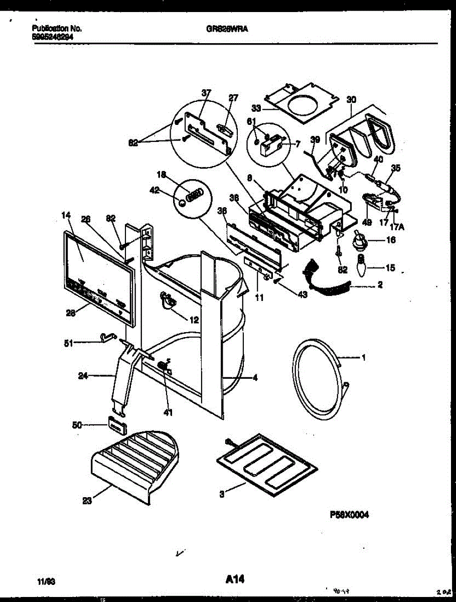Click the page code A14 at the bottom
(234, 579)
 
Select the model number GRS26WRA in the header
(227, 29)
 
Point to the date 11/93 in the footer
(46, 581)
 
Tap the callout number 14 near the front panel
(65, 215)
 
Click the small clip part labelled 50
(116, 425)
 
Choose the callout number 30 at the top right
(351, 99)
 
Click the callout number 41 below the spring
(168, 413)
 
